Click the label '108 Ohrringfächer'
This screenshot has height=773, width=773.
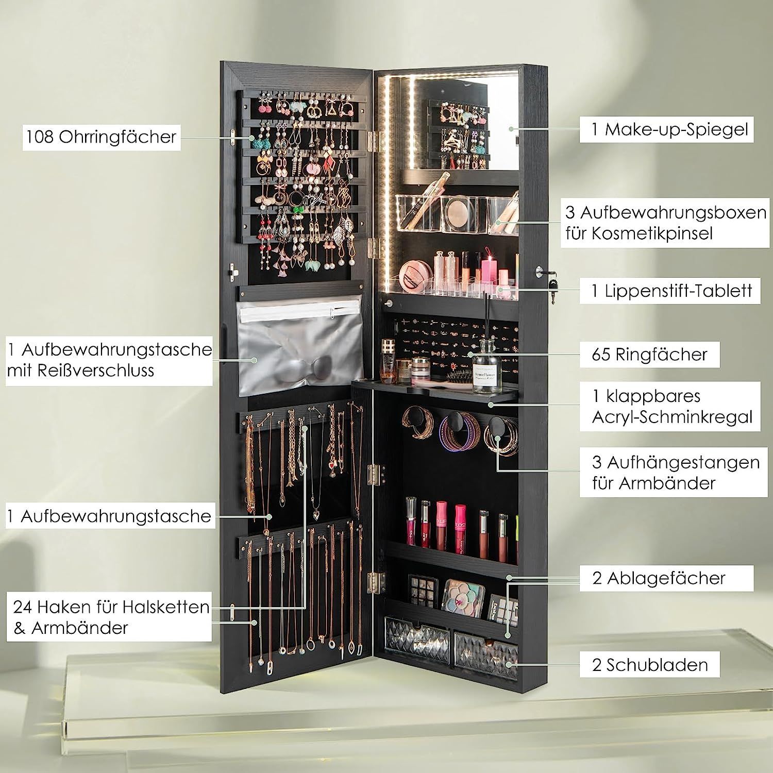click(x=102, y=137)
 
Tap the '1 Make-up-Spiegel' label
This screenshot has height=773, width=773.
click(x=667, y=129)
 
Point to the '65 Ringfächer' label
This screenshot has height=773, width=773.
click(x=649, y=354)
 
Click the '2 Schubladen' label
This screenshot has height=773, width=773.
click(x=650, y=664)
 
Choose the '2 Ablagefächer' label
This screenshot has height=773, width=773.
click(x=659, y=578)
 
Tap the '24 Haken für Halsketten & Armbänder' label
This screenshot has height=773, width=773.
click(x=111, y=617)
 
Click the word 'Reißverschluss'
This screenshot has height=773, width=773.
click(x=81, y=370)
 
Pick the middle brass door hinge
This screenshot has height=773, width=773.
click(x=376, y=475)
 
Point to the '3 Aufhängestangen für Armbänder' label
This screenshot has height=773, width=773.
click(x=675, y=473)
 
